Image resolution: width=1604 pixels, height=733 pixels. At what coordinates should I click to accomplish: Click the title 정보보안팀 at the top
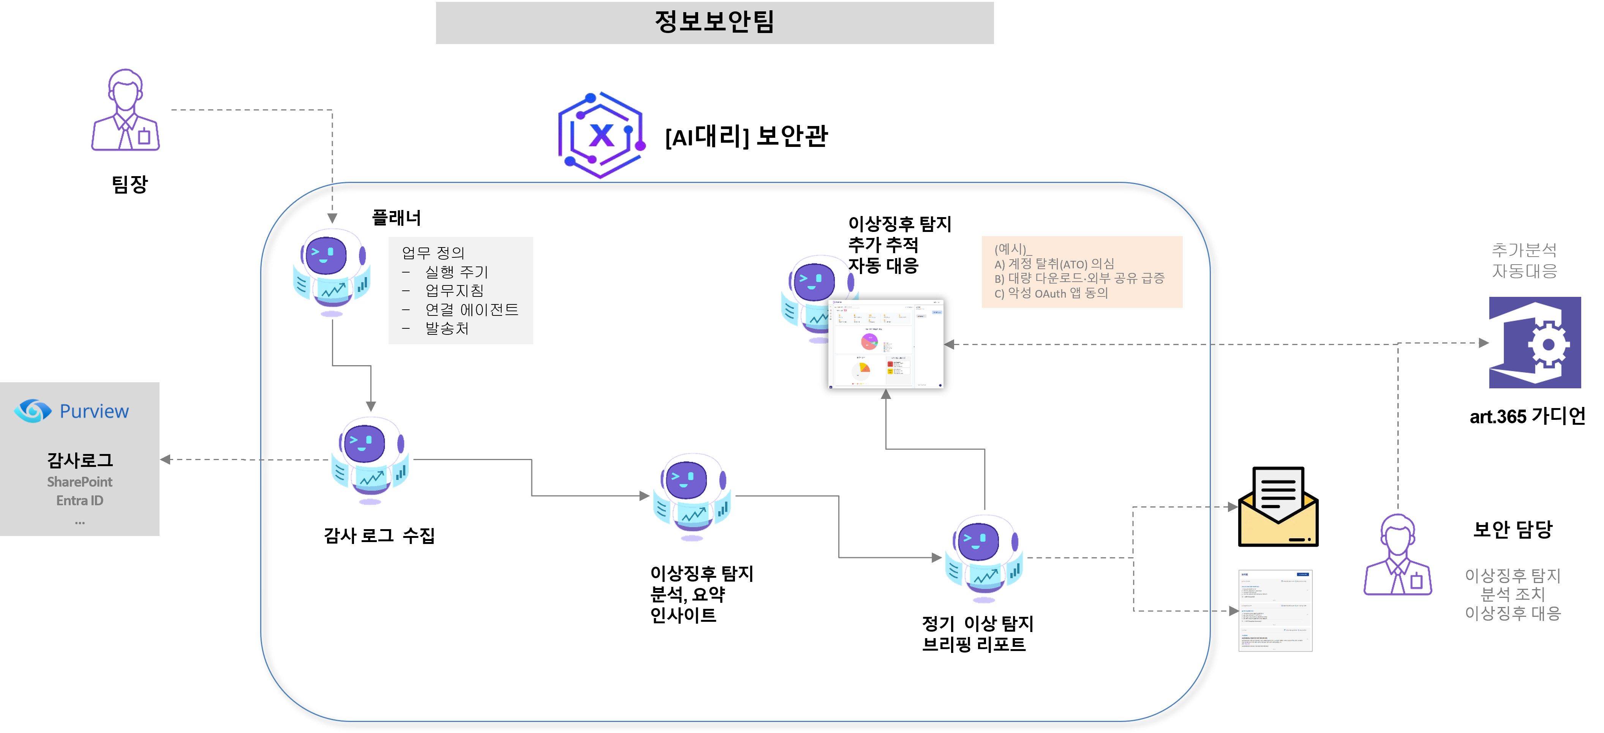coord(714,22)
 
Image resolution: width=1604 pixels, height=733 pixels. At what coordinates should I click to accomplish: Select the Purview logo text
coord(93,411)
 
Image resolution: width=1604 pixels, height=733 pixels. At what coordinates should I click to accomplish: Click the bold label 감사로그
coord(80,460)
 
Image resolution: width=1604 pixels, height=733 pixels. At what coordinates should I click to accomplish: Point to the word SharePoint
coord(80,482)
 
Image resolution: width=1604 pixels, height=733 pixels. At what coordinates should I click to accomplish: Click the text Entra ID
coord(80,500)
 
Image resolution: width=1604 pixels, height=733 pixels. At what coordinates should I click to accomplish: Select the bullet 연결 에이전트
coord(471,309)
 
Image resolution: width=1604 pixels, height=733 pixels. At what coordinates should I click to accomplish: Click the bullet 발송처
coord(446,328)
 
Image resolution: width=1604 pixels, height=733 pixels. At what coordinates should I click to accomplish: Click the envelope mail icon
coord(1278,506)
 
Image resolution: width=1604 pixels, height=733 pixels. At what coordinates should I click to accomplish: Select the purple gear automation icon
coord(1534,342)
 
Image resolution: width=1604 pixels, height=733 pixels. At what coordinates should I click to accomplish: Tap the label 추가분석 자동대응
coord(1524,260)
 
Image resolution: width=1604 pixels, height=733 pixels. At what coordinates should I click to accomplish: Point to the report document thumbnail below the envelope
coord(1275,610)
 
